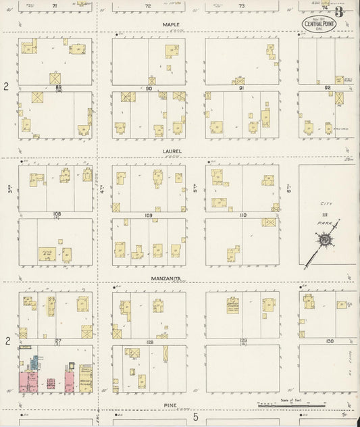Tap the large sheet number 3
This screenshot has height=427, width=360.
(338, 11)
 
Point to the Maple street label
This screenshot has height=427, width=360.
(170, 24)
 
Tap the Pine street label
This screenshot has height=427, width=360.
(170, 405)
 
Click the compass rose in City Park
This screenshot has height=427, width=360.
(323, 240)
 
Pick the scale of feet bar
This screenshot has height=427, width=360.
(278, 405)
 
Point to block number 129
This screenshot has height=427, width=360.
(242, 341)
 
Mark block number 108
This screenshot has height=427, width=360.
(57, 214)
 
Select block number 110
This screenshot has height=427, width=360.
(242, 215)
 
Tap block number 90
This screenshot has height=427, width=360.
(149, 88)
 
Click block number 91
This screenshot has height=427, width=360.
(240, 88)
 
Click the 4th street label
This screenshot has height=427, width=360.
(103, 191)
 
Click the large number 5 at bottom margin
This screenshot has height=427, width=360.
(197, 417)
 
